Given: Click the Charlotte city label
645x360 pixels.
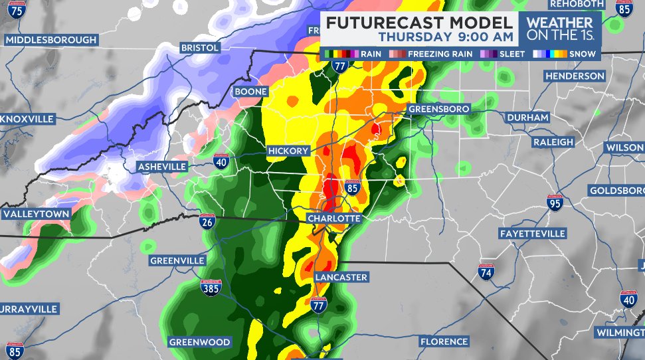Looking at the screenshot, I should pos(333,218).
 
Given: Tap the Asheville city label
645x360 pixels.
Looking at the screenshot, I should pos(163,166).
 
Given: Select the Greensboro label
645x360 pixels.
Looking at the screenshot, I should pos(438,108).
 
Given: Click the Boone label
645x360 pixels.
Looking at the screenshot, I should pos(250,91).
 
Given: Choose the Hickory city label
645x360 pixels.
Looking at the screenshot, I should pos(288,151).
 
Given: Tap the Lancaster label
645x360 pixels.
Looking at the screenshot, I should pos(341,277).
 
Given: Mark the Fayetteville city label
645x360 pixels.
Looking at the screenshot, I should pos(532,234).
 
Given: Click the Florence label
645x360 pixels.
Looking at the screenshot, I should pos(444,341).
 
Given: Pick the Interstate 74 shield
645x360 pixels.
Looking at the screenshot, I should pos(486,272).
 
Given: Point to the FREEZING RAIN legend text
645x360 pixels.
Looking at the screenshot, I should pos(440,54).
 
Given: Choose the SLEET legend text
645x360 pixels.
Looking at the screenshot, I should pos(513,54).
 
